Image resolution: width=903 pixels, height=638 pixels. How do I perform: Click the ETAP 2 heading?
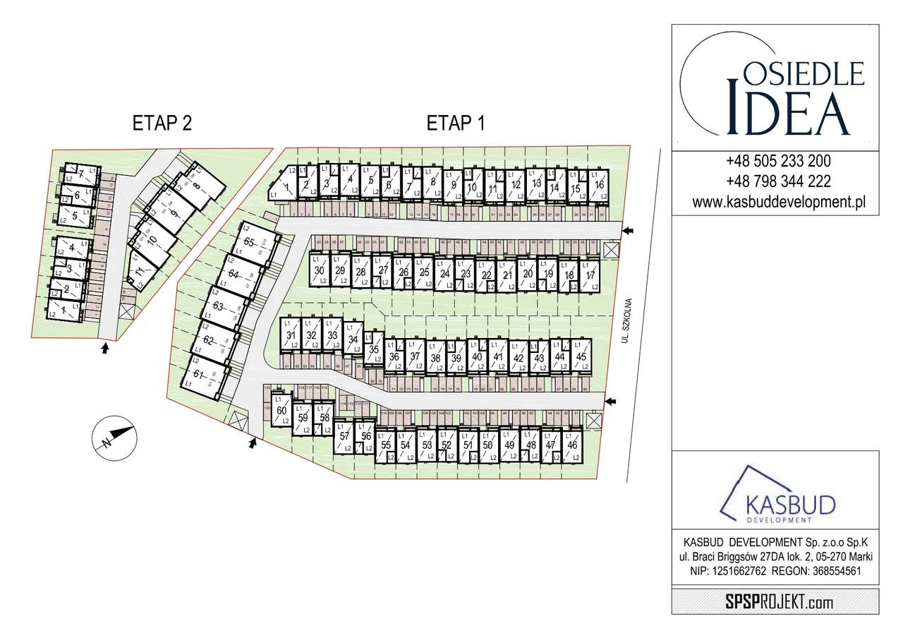click(x=162, y=124)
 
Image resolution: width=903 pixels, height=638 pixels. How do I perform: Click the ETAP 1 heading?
click(x=456, y=124)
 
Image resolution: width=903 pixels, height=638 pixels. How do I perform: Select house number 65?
click(x=249, y=243)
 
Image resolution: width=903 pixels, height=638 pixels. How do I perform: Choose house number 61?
click(x=200, y=374)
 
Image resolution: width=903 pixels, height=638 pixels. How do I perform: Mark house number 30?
click(x=319, y=271)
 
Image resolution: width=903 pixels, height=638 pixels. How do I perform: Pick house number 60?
click(x=281, y=411)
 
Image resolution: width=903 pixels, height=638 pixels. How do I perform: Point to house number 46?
click(x=572, y=445)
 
